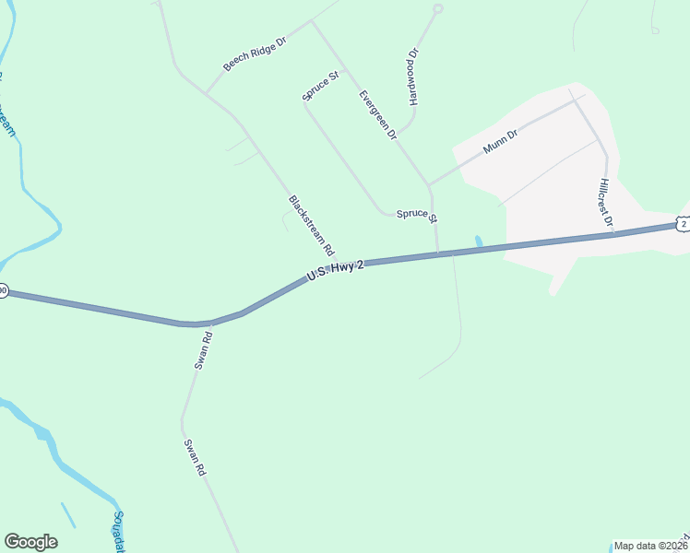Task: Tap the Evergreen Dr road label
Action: [377, 114]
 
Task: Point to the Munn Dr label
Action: [500, 141]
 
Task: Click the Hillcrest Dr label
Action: [605, 202]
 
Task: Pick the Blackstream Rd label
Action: [311, 225]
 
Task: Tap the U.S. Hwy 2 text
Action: [336, 270]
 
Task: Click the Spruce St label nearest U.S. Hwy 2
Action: [416, 215]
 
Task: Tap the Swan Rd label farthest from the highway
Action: [194, 457]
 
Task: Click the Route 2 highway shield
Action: [682, 224]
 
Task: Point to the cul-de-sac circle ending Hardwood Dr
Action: [438, 8]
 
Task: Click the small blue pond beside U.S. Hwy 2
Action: [478, 242]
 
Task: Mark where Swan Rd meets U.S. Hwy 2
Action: [211, 324]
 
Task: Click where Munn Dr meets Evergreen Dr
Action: [428, 184]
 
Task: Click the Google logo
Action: [30, 542]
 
